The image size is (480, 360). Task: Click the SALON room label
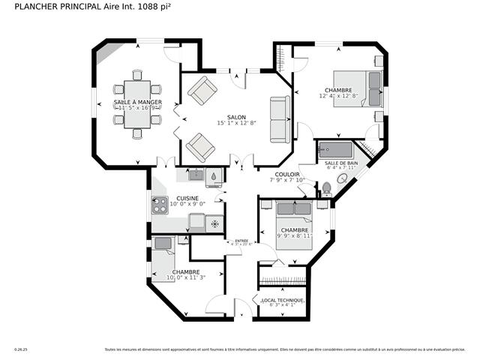[x=237, y=117]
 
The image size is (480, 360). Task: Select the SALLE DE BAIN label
[x=340, y=163]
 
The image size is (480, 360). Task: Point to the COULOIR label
[x=287, y=173]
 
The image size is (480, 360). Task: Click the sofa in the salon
[x=280, y=120]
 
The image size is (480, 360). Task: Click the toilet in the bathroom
[x=326, y=188]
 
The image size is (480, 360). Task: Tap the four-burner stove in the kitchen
[x=159, y=205]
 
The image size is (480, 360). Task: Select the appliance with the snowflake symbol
[x=214, y=223]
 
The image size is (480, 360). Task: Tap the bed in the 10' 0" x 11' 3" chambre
[x=163, y=254]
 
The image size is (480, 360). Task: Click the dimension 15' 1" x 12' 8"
[x=237, y=124]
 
